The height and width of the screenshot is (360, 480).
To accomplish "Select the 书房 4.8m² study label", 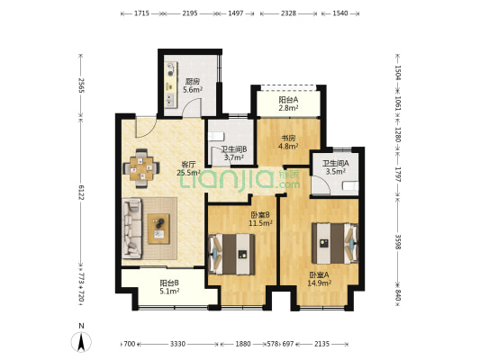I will coord(286,141).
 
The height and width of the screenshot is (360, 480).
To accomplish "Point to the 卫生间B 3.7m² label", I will coord(222,153).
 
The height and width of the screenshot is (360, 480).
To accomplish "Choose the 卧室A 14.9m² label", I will coord(319,278).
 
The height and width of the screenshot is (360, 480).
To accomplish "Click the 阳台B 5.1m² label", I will coord(169,286).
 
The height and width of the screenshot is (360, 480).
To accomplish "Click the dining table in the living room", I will coord(141,168).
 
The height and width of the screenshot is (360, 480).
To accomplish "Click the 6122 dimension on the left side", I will coord(81,193).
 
